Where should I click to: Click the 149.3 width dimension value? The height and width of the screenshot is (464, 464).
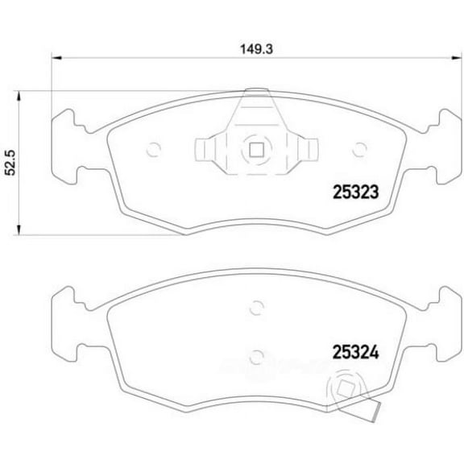[x=255, y=48]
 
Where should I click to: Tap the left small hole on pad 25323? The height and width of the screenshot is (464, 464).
[x=156, y=148]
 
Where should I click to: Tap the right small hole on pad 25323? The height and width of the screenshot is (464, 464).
[x=359, y=148]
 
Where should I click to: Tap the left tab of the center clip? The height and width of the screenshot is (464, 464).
[x=205, y=150]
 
